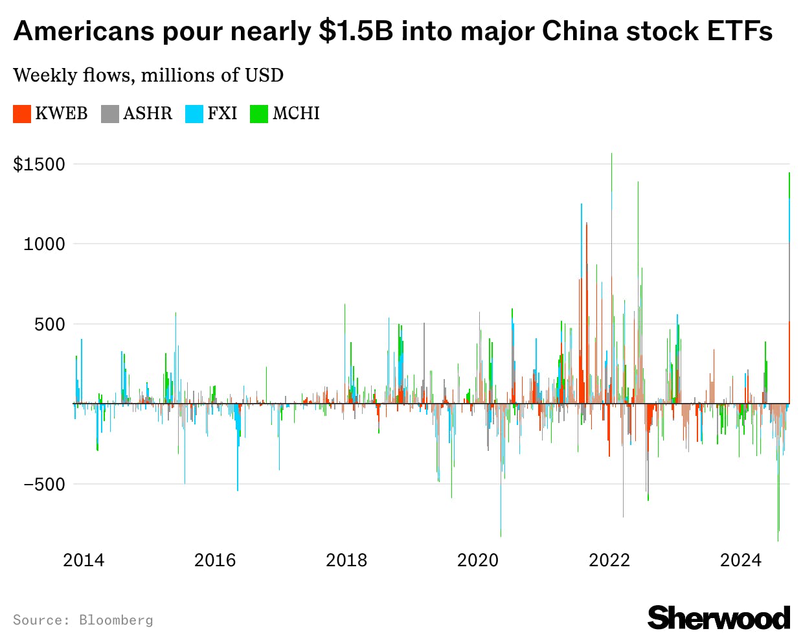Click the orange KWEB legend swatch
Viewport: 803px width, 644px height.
22,114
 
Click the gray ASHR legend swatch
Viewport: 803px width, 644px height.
110,114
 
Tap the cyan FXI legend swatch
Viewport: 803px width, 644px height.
194,114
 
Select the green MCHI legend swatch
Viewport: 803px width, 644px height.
259,114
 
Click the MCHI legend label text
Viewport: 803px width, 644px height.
296,113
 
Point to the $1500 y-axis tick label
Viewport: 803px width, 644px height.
40,164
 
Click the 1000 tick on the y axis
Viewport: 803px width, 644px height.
44,244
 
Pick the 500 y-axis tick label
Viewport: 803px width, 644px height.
50,324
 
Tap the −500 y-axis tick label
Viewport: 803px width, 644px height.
44,484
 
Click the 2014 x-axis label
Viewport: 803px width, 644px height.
84,560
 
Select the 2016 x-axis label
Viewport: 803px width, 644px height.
215,560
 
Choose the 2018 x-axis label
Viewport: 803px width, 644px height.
346,560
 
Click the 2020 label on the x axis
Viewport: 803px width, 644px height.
478,560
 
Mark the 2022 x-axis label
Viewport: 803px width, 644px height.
609,560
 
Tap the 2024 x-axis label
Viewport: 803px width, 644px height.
741,560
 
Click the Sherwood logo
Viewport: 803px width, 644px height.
719,617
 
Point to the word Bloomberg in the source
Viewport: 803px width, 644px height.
116,620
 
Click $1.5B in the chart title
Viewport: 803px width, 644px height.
356,31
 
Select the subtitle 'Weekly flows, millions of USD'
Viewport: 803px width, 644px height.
148,75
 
